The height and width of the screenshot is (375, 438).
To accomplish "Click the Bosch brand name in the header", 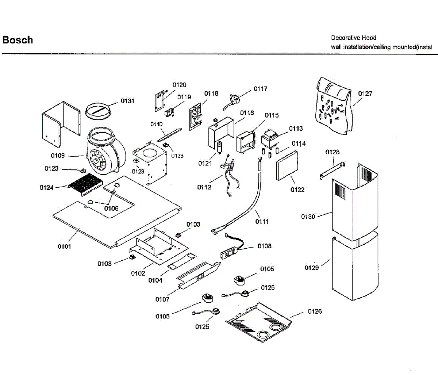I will (18, 40).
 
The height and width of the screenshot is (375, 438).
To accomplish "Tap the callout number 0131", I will (127, 101).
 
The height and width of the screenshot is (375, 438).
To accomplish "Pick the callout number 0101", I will (64, 246).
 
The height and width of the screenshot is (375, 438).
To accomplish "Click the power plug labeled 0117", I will (234, 99).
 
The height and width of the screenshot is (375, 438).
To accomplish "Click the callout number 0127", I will (365, 93).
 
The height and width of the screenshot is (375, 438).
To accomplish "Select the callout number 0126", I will (315, 311).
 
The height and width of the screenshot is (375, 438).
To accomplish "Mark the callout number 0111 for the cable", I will (262, 221).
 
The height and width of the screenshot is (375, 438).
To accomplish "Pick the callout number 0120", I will (179, 85).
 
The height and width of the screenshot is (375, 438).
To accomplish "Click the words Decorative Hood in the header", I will (353, 38).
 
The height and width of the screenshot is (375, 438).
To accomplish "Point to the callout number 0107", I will (162, 299).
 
